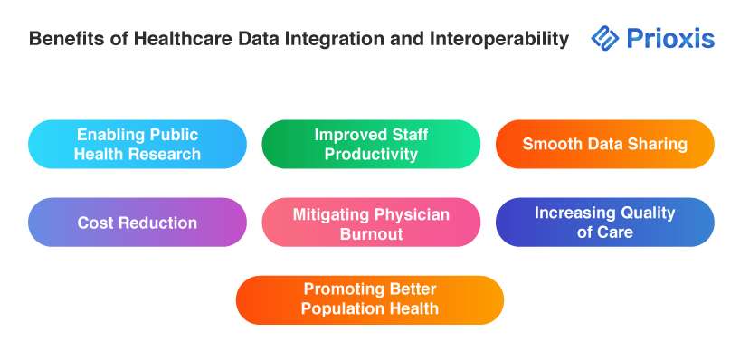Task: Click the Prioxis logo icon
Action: [604, 38]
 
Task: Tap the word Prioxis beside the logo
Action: [670, 39]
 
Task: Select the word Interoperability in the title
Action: [498, 39]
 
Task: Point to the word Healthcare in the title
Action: [183, 39]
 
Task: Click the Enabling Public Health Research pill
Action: [138, 144]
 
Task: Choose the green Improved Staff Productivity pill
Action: [371, 144]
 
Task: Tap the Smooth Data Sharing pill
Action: [605, 144]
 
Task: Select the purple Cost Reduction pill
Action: [138, 223]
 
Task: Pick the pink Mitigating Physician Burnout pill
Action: [371, 223]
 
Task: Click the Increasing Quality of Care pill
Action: [605, 223]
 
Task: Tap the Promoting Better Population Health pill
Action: [370, 300]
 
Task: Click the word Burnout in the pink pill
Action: [371, 234]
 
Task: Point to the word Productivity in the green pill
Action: [371, 155]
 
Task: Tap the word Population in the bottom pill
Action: [341, 309]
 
